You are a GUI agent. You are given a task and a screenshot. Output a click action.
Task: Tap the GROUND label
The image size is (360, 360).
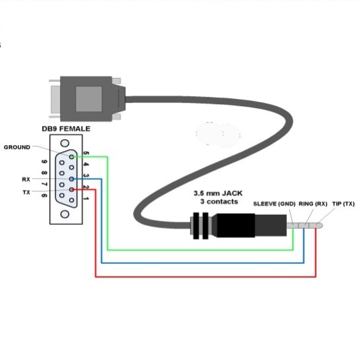click(17, 147)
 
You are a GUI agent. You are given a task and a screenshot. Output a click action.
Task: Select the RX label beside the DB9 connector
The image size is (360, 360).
click(26, 179)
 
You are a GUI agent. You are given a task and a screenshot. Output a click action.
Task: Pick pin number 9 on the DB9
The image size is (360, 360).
click(44, 162)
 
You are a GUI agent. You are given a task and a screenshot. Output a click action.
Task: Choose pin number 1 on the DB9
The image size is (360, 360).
click(86, 199)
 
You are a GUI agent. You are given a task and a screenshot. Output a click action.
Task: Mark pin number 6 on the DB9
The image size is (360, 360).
click(44, 195)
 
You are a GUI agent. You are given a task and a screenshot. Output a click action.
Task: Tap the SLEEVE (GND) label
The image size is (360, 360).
click(274, 204)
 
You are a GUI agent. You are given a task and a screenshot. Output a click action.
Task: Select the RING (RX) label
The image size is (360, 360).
click(313, 204)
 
